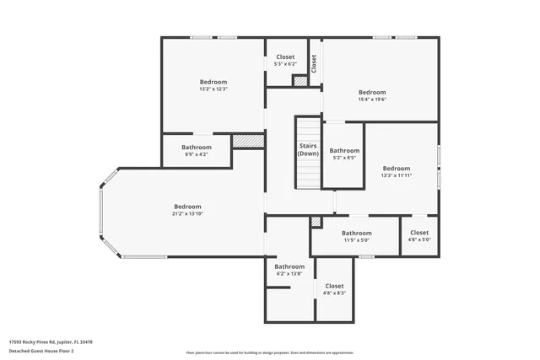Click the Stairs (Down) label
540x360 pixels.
308,150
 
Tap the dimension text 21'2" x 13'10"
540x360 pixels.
187,214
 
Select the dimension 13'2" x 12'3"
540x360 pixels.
213,89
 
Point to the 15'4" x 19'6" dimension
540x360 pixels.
371,99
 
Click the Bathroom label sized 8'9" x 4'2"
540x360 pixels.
197,148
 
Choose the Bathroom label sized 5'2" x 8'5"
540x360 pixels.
344,151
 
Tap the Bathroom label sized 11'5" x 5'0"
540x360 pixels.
356,233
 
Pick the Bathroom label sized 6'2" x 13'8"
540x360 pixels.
289,266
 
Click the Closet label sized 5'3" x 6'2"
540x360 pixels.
285,57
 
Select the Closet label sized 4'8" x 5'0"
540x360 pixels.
419,233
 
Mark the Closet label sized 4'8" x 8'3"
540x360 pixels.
334,286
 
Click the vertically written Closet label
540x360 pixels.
314,63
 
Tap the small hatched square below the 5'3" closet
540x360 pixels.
300,81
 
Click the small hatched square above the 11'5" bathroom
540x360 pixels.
316,222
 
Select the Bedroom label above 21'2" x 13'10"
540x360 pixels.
187,207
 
